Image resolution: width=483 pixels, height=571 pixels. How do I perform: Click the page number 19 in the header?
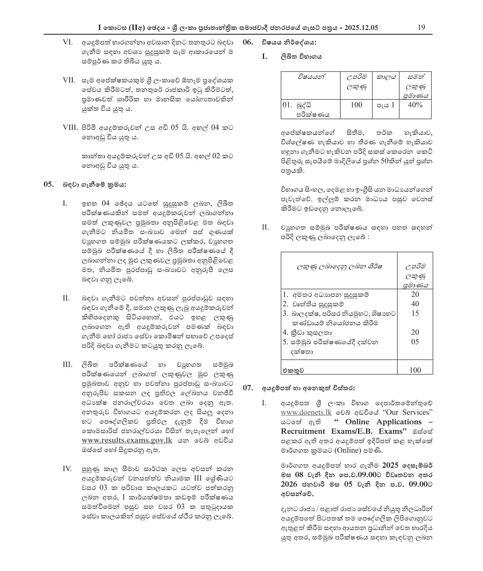pyautogui.click(x=421, y=28)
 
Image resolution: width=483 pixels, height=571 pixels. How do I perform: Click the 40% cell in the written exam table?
pyautogui.click(x=415, y=105)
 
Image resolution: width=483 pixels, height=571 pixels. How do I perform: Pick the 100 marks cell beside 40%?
pyautogui.click(x=356, y=105)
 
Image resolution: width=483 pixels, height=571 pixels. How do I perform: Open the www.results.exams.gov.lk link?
pyautogui.click(x=127, y=440)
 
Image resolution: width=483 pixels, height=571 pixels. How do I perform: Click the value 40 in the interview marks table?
pyautogui.click(x=415, y=304)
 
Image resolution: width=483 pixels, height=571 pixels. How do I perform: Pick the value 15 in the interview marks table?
pyautogui.click(x=415, y=313)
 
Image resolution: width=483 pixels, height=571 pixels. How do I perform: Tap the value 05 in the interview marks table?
pyautogui.click(x=415, y=342)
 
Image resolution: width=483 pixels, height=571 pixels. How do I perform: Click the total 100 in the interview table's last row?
pyautogui.click(x=415, y=370)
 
